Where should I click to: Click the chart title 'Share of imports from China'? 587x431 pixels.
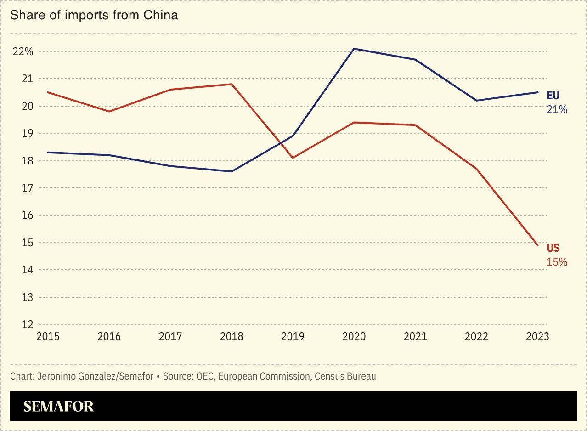pyautogui.click(x=94, y=15)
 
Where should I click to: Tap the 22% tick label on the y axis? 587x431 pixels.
pyautogui.click(x=23, y=51)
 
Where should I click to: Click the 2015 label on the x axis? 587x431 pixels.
pyautogui.click(x=48, y=336)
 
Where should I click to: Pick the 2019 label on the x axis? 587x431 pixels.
pyautogui.click(x=293, y=336)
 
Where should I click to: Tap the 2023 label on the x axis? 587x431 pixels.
pyautogui.click(x=537, y=336)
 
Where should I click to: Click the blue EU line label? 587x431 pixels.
pyautogui.click(x=553, y=96)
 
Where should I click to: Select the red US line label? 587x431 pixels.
pyautogui.click(x=553, y=248)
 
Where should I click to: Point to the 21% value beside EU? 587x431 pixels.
pyautogui.click(x=557, y=109)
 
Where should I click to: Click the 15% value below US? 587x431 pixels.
pyautogui.click(x=557, y=262)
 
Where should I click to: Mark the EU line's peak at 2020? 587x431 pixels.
pyautogui.click(x=354, y=49)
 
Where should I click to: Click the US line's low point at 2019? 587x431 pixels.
pyautogui.click(x=293, y=158)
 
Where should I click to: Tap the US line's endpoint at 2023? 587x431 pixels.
pyautogui.click(x=537, y=245)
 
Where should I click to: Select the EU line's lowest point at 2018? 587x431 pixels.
pyautogui.click(x=231, y=171)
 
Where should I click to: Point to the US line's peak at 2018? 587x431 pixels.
pyautogui.click(x=231, y=84)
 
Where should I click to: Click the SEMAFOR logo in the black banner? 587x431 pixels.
pyautogui.click(x=58, y=406)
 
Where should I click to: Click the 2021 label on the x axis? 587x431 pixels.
pyautogui.click(x=415, y=336)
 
